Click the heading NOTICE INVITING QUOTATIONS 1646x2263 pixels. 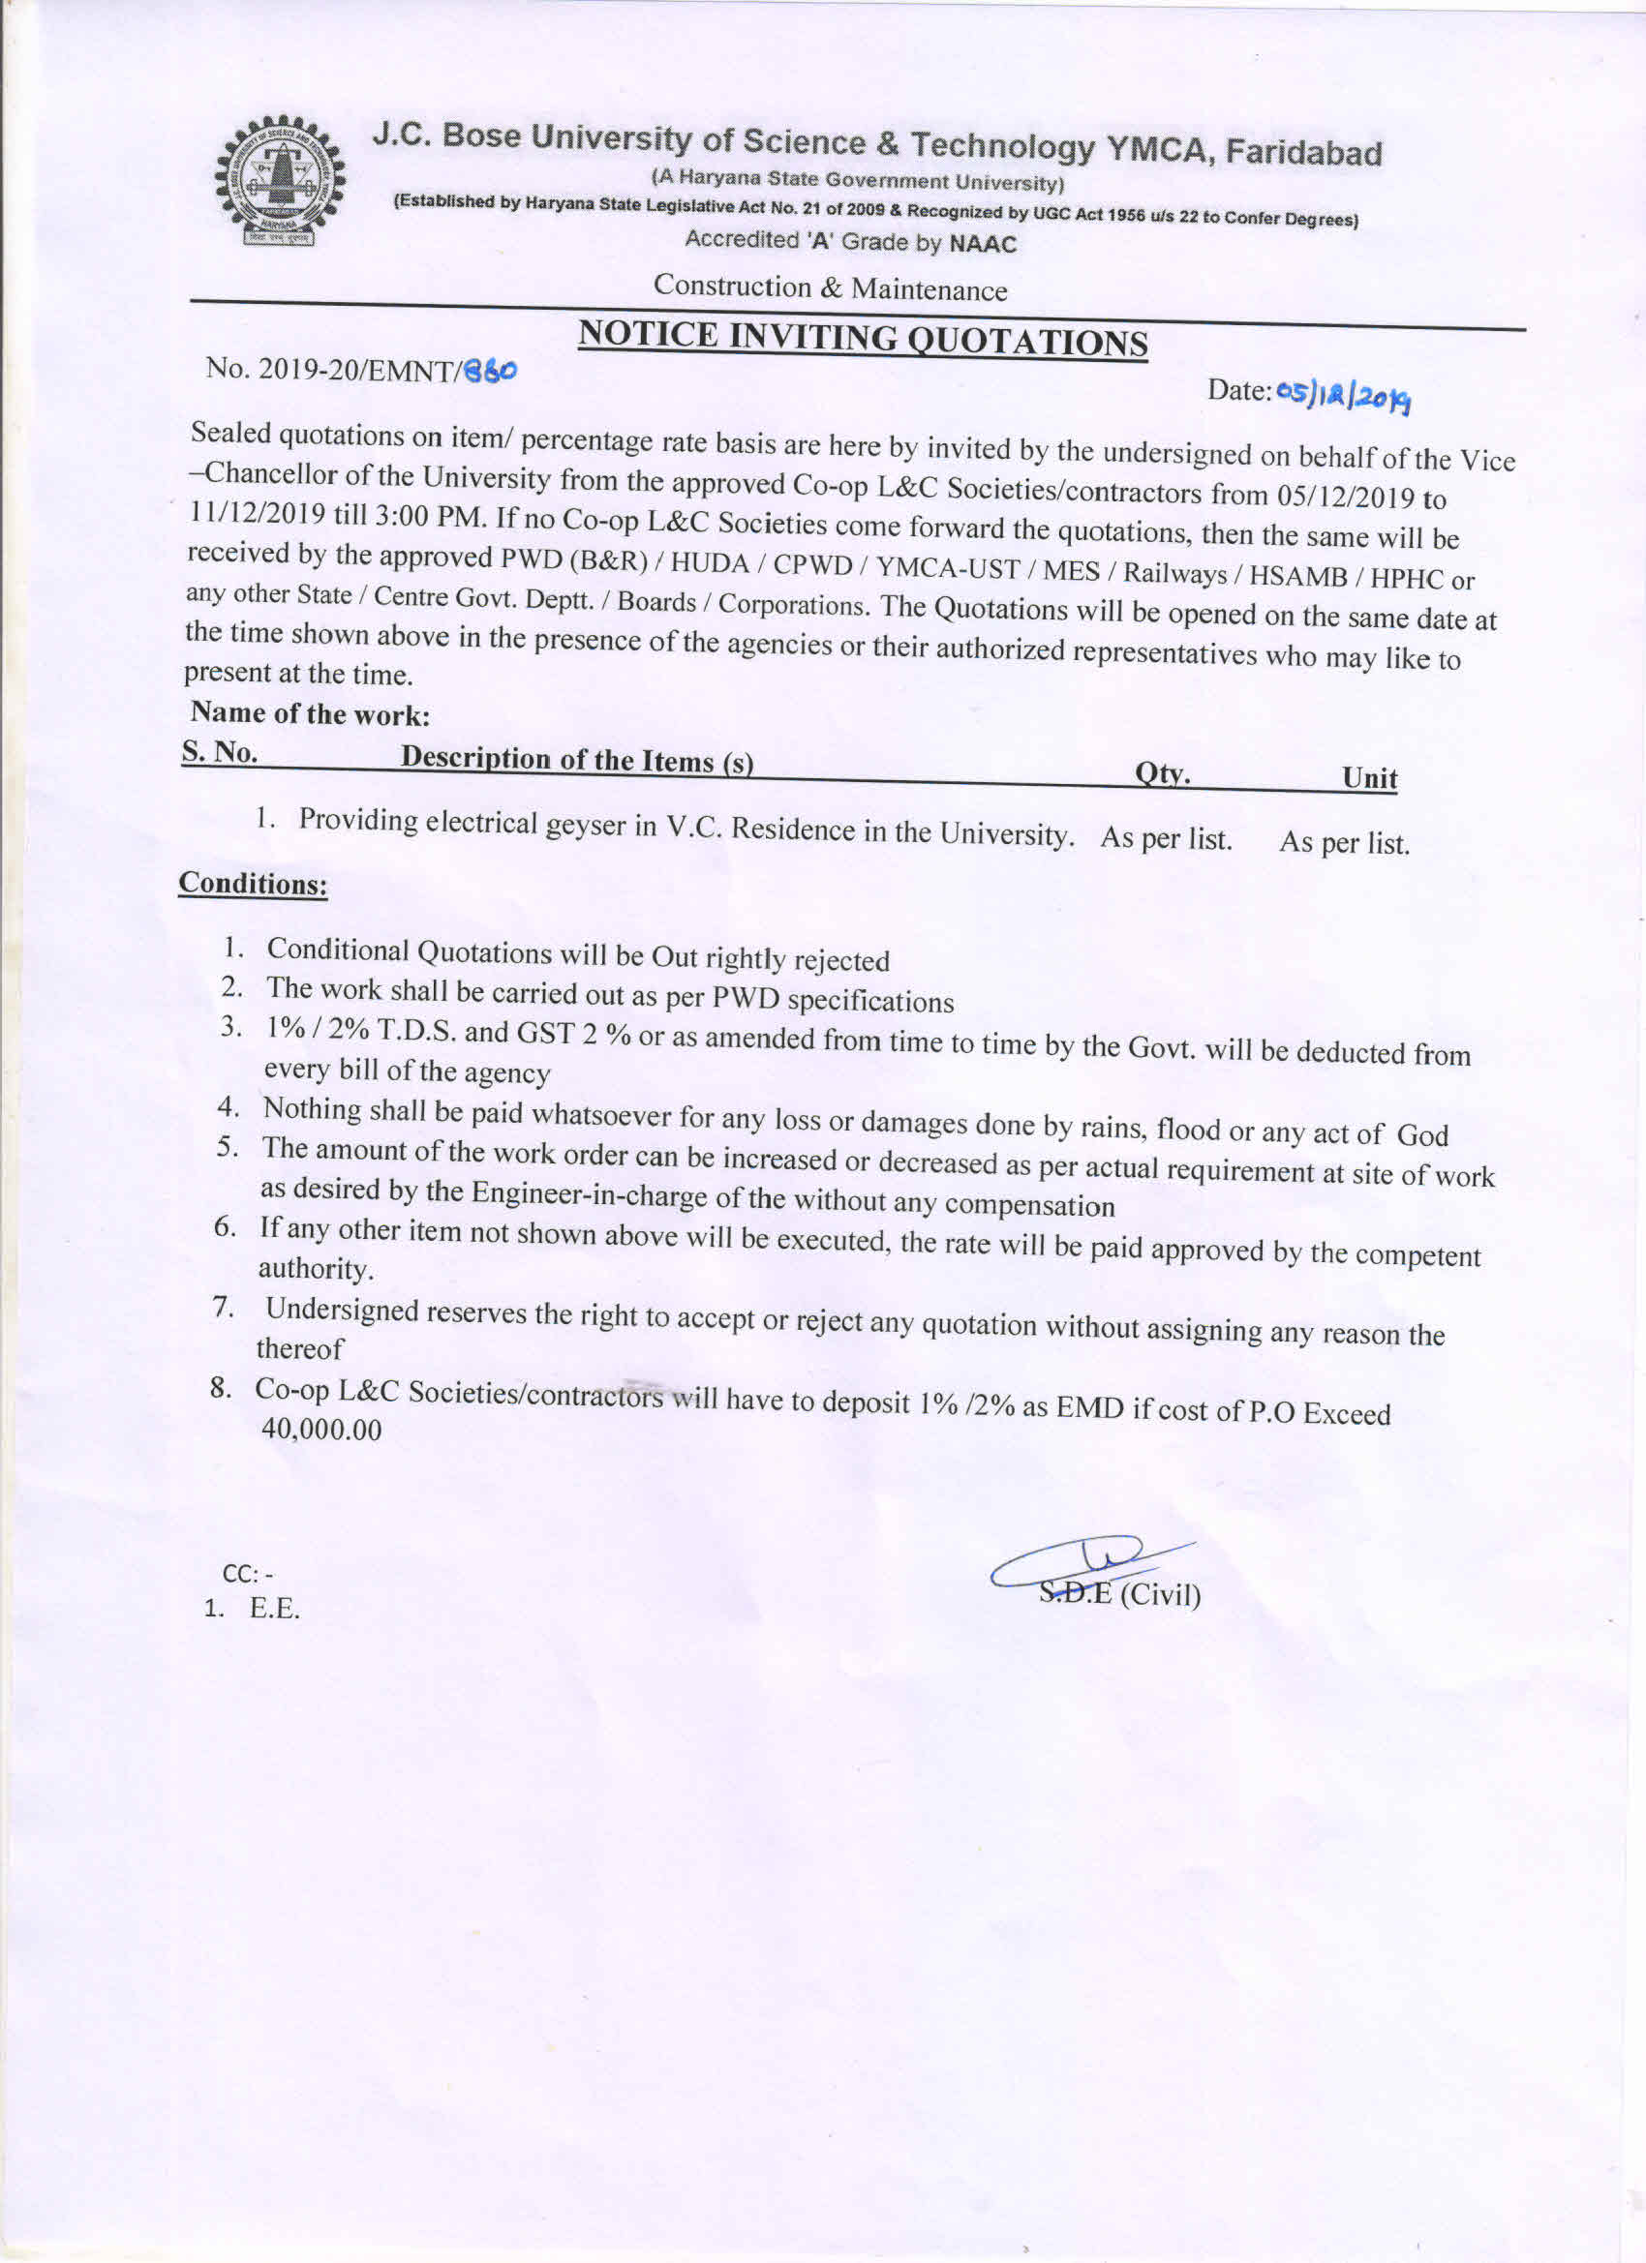pyautogui.click(x=863, y=338)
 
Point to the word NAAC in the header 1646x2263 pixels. pyautogui.click(x=982, y=245)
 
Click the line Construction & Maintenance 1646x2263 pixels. pyautogui.click(x=830, y=287)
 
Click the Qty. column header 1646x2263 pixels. pyautogui.click(x=1162, y=773)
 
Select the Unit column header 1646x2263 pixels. pyautogui.click(x=1368, y=778)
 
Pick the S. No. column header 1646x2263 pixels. pyautogui.click(x=220, y=751)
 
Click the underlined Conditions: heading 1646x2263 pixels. pyautogui.click(x=253, y=884)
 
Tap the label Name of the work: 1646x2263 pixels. pyautogui.click(x=310, y=713)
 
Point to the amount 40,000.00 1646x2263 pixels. pyautogui.click(x=321, y=1430)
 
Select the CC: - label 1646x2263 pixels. pyautogui.click(x=248, y=1574)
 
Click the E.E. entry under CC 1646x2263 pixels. pyautogui.click(x=273, y=1609)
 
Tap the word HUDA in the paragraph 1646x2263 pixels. pyautogui.click(x=710, y=562)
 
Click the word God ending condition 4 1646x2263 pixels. pyautogui.click(x=1421, y=1134)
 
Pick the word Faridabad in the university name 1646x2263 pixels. pyautogui.click(x=1302, y=153)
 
